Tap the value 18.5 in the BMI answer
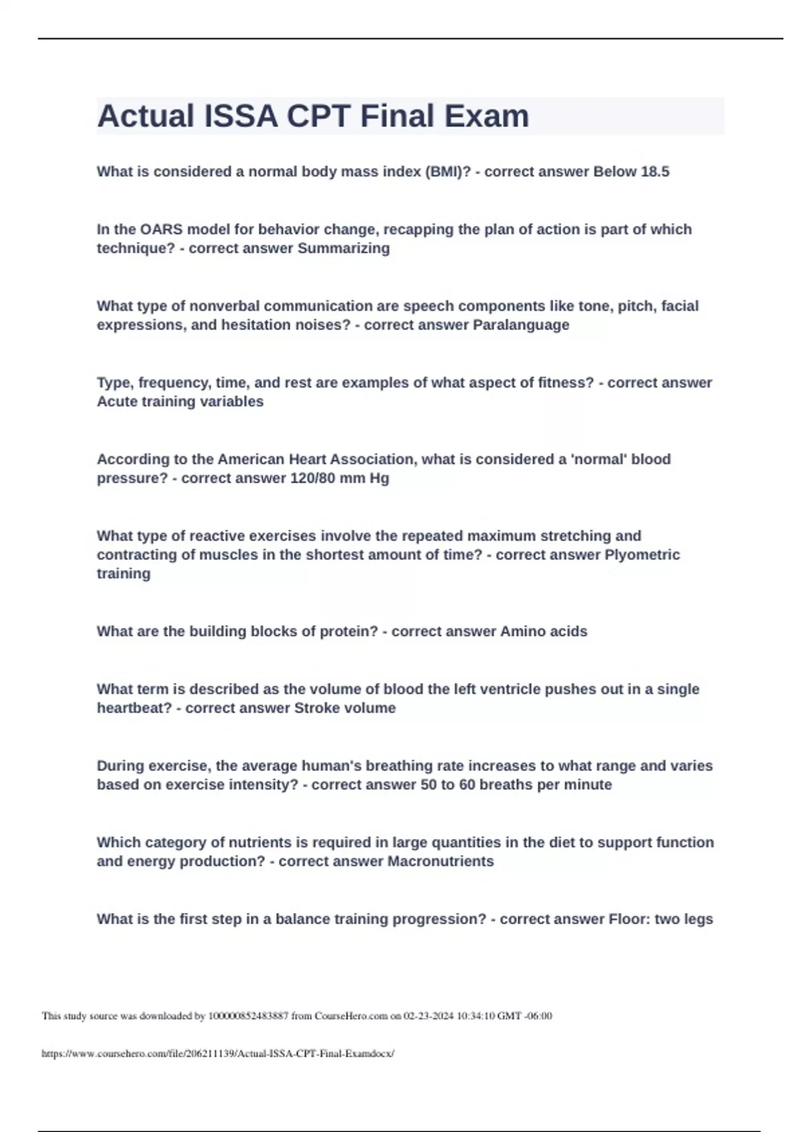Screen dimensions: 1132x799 [x=655, y=172]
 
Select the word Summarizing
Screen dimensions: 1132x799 [x=344, y=248]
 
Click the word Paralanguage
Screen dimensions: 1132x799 [x=521, y=325]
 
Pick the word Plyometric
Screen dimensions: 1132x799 [x=642, y=555]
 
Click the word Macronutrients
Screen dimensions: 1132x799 [x=440, y=861]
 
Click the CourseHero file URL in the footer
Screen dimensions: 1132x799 [x=218, y=1053]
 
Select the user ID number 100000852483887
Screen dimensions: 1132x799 [x=248, y=1016]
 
